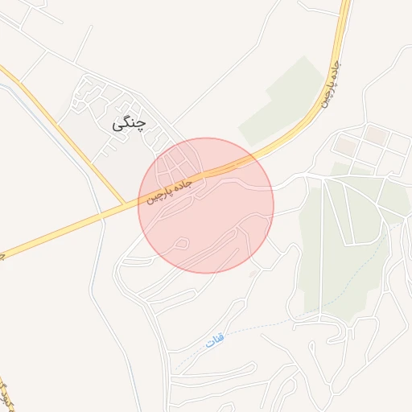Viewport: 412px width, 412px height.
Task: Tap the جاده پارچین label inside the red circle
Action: (171, 190)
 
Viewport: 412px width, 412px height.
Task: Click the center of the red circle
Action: (206, 205)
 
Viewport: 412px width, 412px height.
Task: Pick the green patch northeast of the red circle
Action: (278, 101)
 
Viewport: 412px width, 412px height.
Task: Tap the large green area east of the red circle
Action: (338, 241)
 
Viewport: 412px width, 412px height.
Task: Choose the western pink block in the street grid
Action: (345, 146)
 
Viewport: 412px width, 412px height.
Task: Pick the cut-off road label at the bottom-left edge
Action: (6, 393)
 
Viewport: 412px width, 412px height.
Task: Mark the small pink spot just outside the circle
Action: (254, 274)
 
